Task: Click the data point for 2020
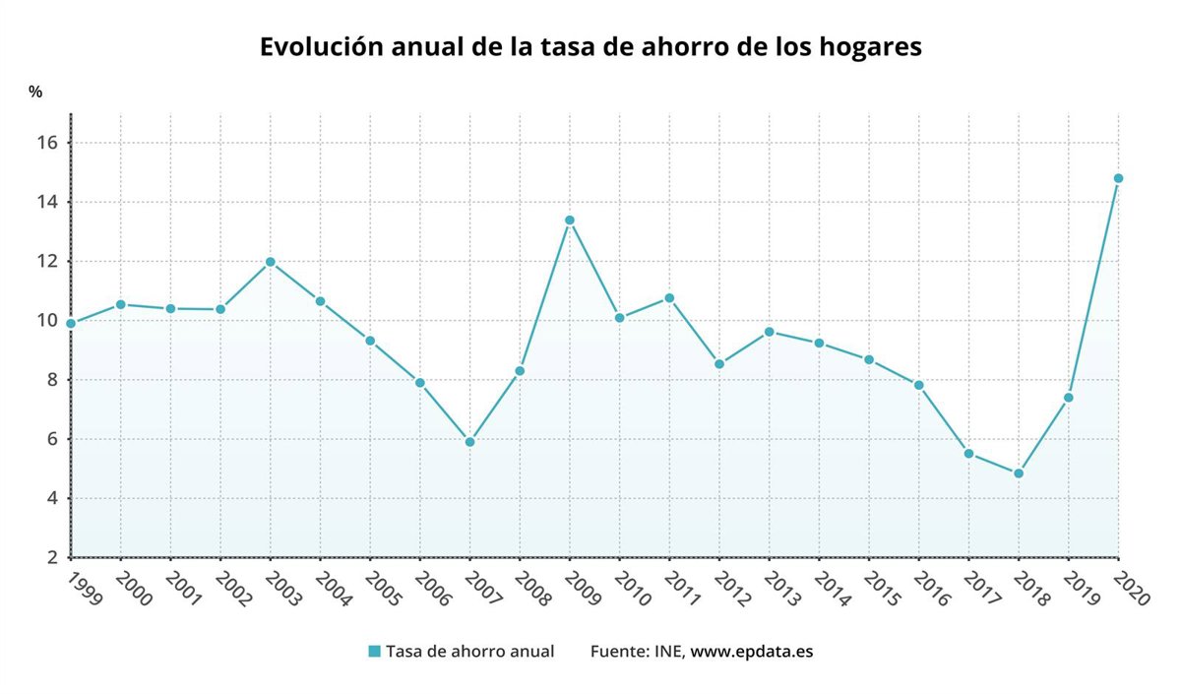pos(1118,178)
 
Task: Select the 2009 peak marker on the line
pos(569,221)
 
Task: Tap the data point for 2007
pos(469,442)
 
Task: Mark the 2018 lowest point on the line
pos(1019,473)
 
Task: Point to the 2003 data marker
pos(270,262)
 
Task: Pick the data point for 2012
pos(719,364)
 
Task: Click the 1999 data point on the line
pos(71,323)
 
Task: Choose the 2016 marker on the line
pos(918,385)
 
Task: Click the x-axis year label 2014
pos(833,588)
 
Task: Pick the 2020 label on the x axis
pos(1132,588)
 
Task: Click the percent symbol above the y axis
pos(35,92)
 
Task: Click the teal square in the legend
pos(374,652)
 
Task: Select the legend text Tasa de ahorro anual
pos(469,652)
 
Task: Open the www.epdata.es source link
pos(752,652)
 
